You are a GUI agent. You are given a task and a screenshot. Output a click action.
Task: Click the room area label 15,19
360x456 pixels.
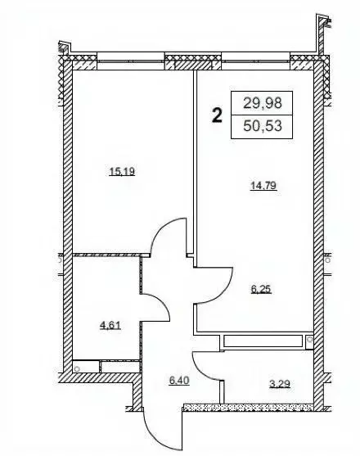click(x=122, y=172)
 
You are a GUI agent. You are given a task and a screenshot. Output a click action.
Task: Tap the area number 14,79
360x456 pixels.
click(x=263, y=185)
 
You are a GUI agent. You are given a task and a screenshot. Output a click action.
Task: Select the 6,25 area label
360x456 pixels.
click(x=261, y=289)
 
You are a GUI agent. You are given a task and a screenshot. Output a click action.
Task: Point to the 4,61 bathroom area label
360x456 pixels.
click(x=110, y=325)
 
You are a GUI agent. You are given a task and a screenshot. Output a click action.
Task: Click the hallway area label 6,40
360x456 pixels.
click(x=179, y=380)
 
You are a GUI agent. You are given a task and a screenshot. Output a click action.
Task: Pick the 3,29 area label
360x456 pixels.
click(x=280, y=384)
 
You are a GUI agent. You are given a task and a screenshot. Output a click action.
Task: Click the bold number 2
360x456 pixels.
click(x=218, y=115)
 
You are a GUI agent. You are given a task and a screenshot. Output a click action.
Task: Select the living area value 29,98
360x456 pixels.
click(x=263, y=103)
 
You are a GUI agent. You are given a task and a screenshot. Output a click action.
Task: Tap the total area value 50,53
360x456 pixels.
click(x=263, y=126)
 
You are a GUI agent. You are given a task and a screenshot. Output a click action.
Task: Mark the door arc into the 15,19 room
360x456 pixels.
click(x=161, y=230)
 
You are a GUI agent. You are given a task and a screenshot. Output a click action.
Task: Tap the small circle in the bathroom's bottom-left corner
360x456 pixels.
click(x=77, y=368)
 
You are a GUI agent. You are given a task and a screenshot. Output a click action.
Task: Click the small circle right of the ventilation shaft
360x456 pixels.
click(x=310, y=339)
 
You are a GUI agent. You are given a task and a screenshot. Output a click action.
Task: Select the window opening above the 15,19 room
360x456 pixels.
click(x=130, y=61)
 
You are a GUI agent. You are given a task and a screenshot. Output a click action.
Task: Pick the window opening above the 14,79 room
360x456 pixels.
click(x=256, y=61)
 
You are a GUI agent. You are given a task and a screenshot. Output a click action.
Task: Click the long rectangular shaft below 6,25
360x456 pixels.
click(x=263, y=341)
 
